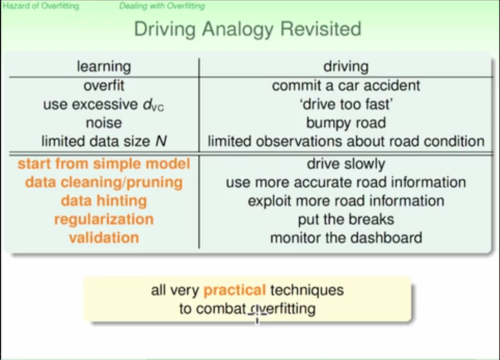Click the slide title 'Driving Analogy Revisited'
[247, 29]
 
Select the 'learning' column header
[104, 66]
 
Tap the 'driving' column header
[346, 66]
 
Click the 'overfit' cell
[104, 86]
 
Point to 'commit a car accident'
[346, 86]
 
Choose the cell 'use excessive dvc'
[104, 104]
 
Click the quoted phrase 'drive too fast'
[346, 104]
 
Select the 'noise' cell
[104, 123]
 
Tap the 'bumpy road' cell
[346, 123]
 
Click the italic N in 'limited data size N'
[160, 141]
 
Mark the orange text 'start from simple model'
[104, 164]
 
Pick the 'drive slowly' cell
[346, 164]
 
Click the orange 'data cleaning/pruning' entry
[104, 182]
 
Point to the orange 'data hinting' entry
[104, 201]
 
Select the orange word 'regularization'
[104, 219]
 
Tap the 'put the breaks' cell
[346, 219]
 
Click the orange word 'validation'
[104, 237]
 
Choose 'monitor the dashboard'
[346, 237]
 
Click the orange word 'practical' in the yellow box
[234, 290]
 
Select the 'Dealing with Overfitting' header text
[162, 6]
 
